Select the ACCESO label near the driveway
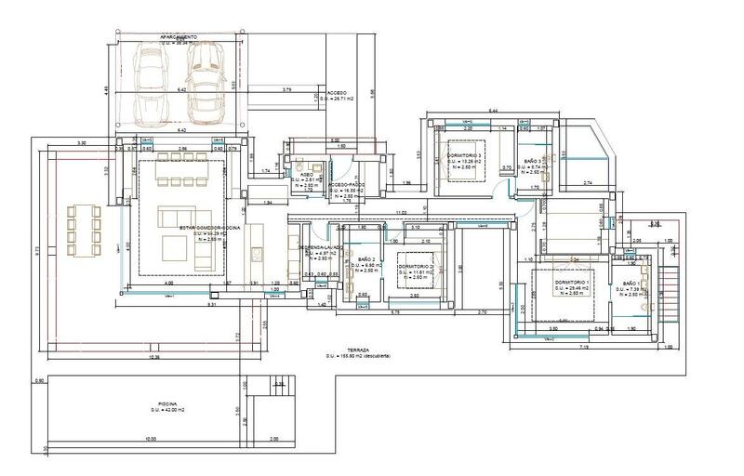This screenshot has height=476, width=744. [337, 93]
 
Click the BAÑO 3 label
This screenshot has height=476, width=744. [532, 162]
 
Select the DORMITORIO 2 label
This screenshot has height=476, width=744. [417, 267]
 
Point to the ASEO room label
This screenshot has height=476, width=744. [306, 174]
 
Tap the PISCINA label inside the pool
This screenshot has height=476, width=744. [168, 403]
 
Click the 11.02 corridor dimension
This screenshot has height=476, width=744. [401, 213]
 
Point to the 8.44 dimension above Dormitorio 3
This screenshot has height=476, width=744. [494, 110]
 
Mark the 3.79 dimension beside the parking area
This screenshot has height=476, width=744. [286, 89]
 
